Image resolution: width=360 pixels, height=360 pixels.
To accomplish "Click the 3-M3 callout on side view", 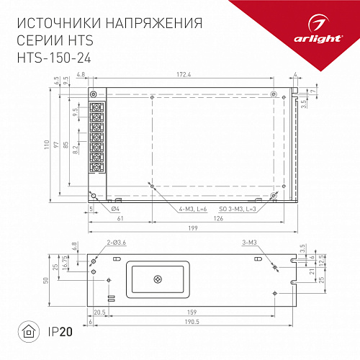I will pos(251,243).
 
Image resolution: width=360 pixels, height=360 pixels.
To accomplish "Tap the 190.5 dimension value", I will pos(191,323).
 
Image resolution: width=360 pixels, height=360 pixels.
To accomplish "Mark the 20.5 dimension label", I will pos(99,312).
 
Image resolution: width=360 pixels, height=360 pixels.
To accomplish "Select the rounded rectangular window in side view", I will pos(158,278).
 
